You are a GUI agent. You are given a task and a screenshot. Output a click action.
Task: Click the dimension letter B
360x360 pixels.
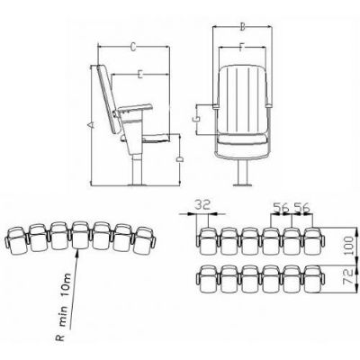tap(243, 27)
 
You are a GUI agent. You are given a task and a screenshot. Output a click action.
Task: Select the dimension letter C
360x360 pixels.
tap(134, 47)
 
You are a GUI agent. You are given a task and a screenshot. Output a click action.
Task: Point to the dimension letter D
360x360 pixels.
tap(180, 159)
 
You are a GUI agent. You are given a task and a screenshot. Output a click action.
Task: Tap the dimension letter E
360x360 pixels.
tap(139, 74)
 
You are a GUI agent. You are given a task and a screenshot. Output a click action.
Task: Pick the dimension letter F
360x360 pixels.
tap(242, 48)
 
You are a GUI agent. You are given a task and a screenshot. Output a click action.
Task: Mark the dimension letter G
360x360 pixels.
tap(195, 119)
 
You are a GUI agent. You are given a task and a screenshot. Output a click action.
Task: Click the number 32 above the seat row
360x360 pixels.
tap(203, 205)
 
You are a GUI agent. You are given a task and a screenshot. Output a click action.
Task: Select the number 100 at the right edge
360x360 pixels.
tap(348, 246)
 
